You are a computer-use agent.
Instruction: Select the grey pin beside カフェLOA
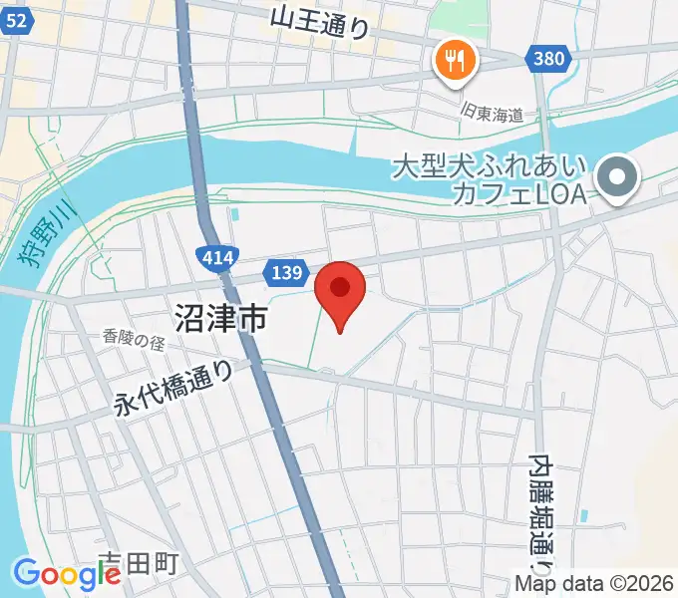click(618, 178)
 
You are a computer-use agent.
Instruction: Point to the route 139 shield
click(285, 270)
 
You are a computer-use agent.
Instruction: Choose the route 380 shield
click(547, 59)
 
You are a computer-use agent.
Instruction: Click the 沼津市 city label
click(220, 319)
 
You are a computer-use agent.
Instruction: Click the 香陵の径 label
click(133, 340)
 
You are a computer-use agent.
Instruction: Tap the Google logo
click(67, 574)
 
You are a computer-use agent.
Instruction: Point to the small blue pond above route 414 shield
click(234, 212)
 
